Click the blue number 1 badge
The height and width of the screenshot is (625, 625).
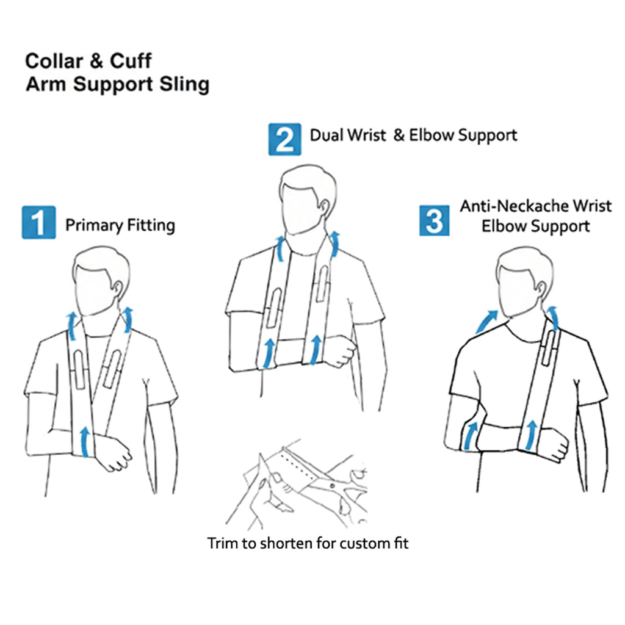38,222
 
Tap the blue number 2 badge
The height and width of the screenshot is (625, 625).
284,139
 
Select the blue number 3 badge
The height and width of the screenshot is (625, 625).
434,220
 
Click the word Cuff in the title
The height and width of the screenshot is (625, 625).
131,61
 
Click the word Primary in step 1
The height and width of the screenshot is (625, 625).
94,225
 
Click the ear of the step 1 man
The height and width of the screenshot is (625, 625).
118,288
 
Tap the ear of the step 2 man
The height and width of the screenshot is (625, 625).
325,208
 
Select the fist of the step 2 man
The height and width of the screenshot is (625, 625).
340,351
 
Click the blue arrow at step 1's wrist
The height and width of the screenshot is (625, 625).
84,442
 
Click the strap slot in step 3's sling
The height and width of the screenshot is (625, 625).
549,348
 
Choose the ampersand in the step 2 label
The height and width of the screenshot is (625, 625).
399,135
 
